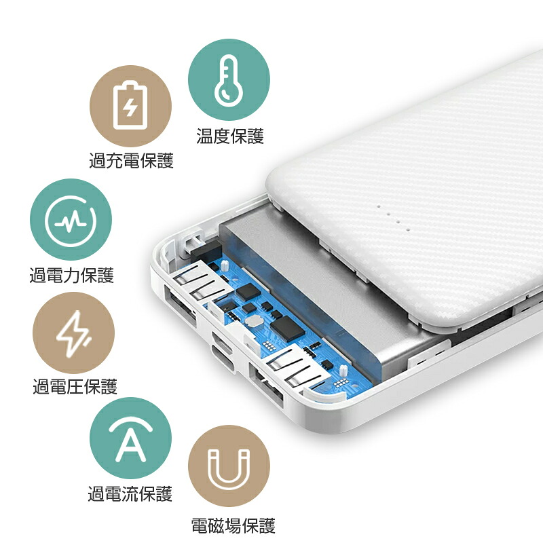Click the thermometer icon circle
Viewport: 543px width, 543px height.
pyautogui.click(x=229, y=79)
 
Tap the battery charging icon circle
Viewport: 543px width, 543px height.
pyautogui.click(x=130, y=106)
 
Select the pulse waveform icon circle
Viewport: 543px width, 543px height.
pyautogui.click(x=71, y=219)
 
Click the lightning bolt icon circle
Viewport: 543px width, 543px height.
pyautogui.click(x=73, y=333)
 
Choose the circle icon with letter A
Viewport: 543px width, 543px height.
pyautogui.click(x=130, y=438)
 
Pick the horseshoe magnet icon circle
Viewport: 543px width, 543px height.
pyautogui.click(x=229, y=466)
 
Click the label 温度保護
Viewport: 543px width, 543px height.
pyautogui.click(x=230, y=136)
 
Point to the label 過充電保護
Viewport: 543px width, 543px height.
pyautogui.click(x=131, y=161)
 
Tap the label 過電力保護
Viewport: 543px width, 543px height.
pyautogui.click(x=72, y=276)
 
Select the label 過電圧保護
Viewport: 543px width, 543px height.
pyautogui.click(x=75, y=386)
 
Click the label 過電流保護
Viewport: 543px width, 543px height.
pyautogui.click(x=130, y=493)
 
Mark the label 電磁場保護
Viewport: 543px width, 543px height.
pyautogui.click(x=233, y=525)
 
